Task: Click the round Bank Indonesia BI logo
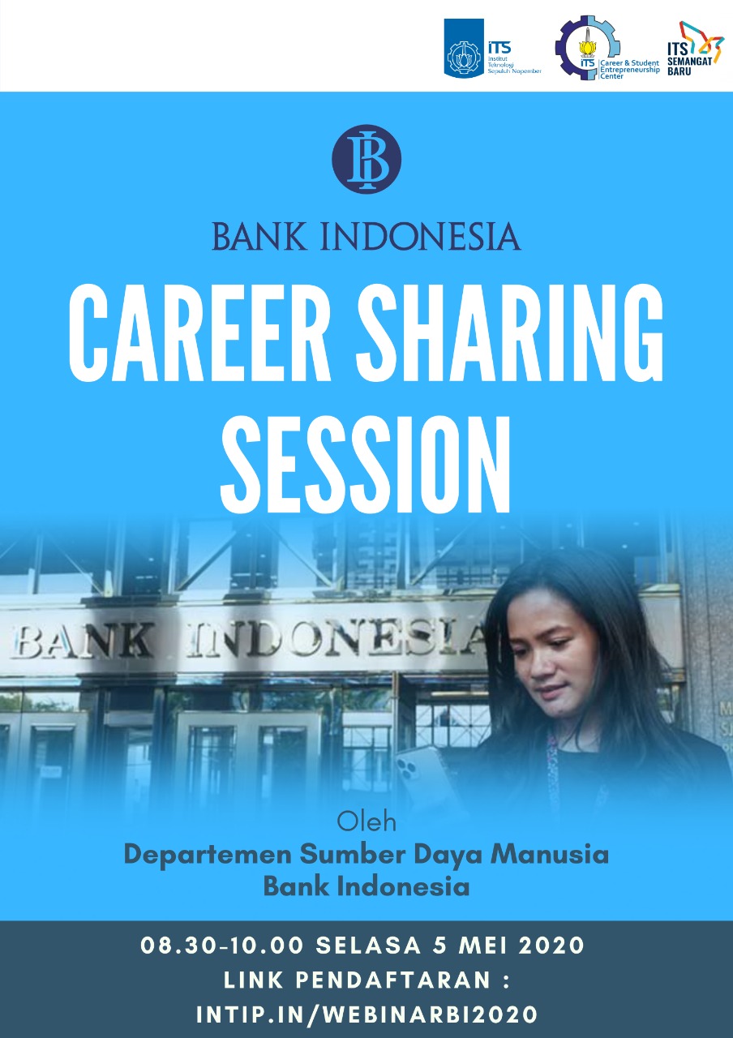366,160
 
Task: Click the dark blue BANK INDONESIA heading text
366,236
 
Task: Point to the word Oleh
366,822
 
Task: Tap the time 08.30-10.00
222,946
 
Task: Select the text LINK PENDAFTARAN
358,980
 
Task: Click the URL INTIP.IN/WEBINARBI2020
366,1014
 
